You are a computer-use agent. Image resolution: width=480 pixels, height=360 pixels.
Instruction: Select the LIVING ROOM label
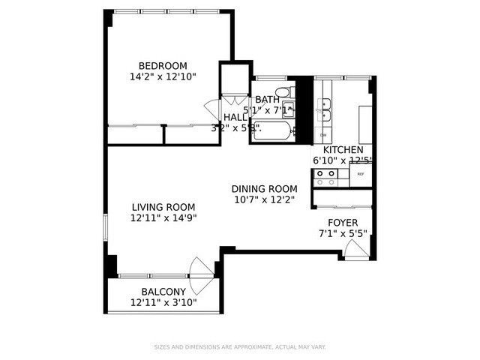163,207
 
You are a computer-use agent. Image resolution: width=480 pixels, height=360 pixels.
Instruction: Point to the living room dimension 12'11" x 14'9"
163,219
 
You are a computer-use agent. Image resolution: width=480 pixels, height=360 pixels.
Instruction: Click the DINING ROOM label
264,188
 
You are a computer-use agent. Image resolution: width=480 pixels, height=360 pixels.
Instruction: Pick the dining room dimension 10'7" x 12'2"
264,199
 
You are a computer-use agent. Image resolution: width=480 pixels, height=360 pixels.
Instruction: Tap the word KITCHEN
343,149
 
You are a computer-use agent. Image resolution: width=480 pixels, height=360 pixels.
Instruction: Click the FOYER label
343,223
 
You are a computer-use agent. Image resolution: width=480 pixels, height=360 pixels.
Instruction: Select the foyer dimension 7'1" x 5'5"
343,234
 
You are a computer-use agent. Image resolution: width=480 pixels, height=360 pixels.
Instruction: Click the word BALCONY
163,292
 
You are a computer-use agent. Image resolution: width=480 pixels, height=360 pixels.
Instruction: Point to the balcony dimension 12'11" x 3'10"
163,303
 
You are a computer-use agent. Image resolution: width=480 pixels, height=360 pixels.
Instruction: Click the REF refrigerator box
361,175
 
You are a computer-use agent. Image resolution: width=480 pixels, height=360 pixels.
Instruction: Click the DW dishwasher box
323,135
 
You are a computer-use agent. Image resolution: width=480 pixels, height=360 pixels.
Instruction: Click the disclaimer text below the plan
240,346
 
